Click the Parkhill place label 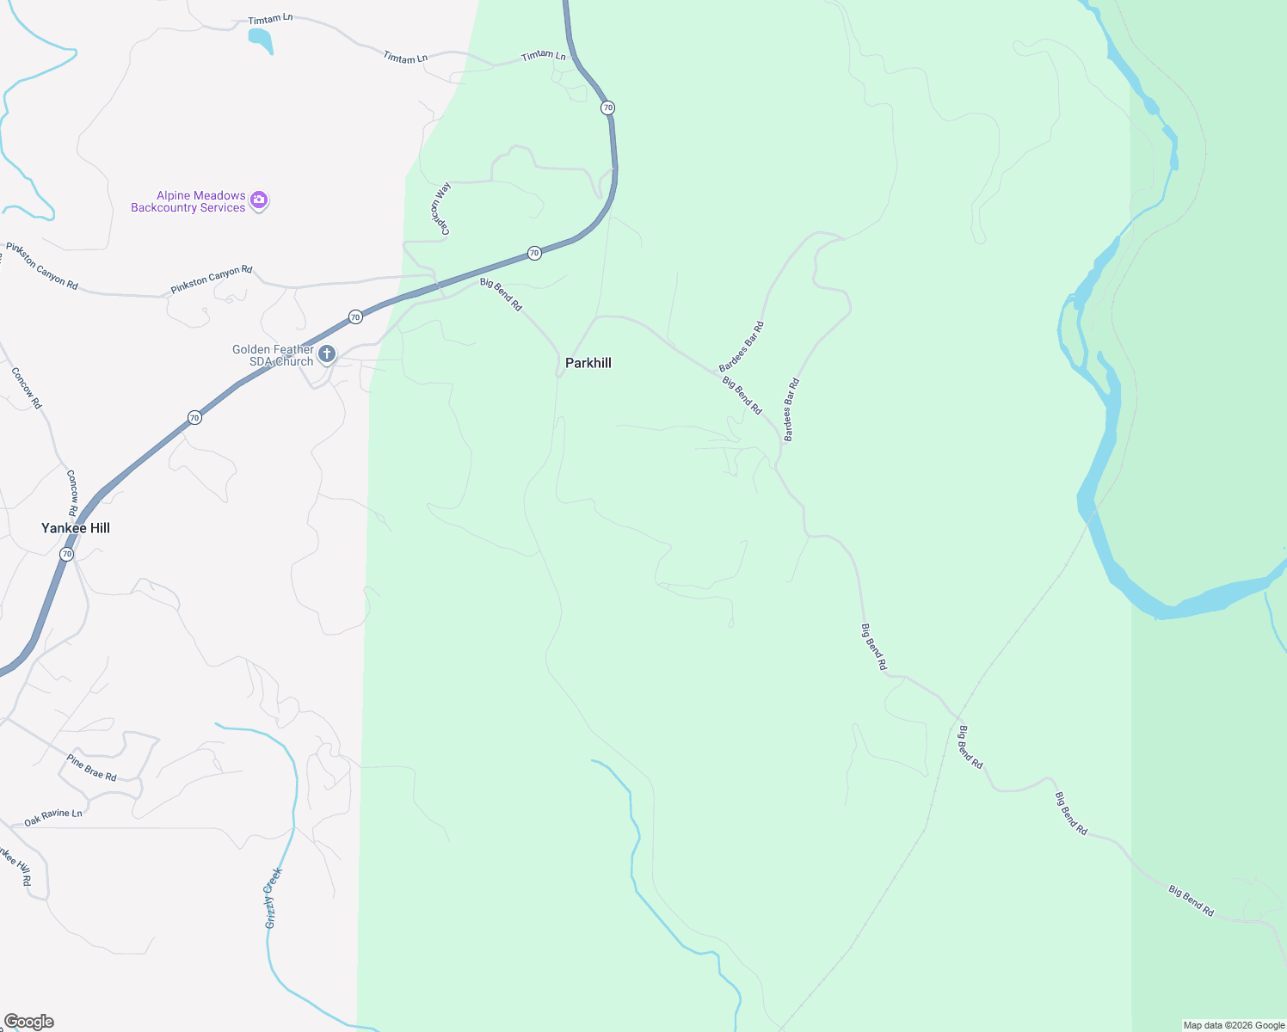coord(588,363)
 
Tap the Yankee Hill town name coord(76,528)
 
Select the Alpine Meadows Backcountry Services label coord(188,201)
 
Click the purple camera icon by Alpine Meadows coord(259,201)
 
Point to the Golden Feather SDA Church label coord(273,355)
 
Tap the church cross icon coord(327,353)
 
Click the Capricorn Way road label coord(441,208)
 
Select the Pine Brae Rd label coord(91,767)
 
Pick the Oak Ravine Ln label coord(53,817)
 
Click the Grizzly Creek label coord(274,898)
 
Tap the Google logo coord(29,1022)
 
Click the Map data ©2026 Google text coord(1234,1025)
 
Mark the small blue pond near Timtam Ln coord(261,39)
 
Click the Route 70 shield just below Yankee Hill coord(67,555)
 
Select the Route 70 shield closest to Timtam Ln coord(608,107)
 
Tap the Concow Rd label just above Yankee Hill coord(72,486)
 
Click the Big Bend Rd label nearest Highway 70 coord(501,294)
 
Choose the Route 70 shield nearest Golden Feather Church coord(355,317)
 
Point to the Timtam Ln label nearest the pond coord(270,18)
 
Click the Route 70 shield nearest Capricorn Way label coord(534,253)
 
